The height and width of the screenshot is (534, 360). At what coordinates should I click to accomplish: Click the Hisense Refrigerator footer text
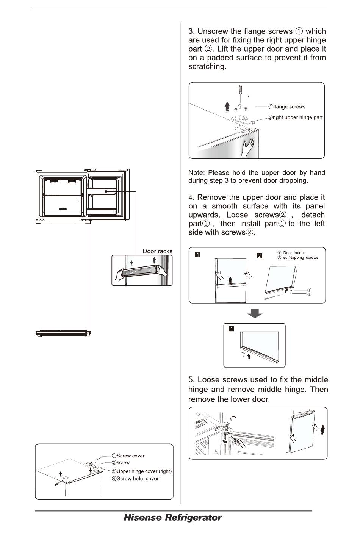pyautogui.click(x=172, y=518)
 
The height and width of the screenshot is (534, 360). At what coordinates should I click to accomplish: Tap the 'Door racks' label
pyautogui.click(x=157, y=251)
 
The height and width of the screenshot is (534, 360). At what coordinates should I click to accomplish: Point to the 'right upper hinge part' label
pyautogui.click(x=298, y=117)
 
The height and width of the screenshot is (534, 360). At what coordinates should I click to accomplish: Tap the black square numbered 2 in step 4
pyautogui.click(x=260, y=255)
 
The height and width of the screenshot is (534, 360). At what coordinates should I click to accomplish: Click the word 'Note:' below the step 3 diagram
pyautogui.click(x=197, y=173)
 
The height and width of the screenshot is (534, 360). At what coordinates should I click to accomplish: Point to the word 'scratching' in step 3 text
pyautogui.click(x=207, y=66)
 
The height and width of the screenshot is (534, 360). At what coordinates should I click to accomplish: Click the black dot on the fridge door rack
pyautogui.click(x=107, y=191)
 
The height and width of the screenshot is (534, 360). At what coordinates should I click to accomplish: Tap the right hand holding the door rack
pyautogui.click(x=162, y=270)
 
